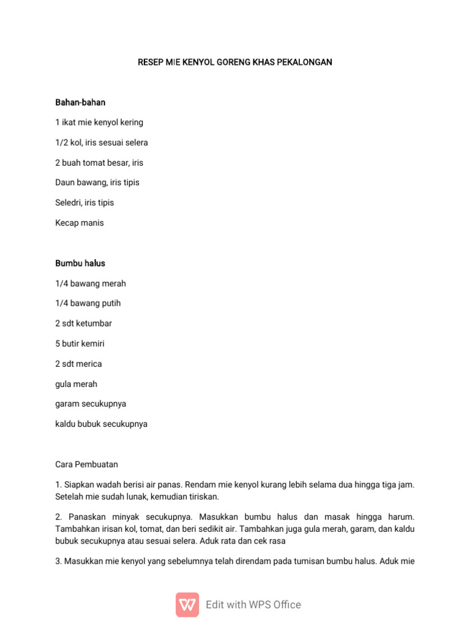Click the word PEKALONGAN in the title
tap(306, 62)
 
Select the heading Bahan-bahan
tap(80, 102)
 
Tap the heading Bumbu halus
tap(80, 263)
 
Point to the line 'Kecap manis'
tap(80, 223)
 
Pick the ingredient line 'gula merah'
tap(76, 385)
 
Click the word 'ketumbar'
tap(94, 324)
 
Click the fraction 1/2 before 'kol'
tap(61, 142)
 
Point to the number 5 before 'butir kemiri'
tap(58, 344)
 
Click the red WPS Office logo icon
tap(187, 605)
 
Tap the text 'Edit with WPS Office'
tap(253, 605)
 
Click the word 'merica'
tap(89, 364)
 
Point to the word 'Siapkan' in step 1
tap(79, 485)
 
